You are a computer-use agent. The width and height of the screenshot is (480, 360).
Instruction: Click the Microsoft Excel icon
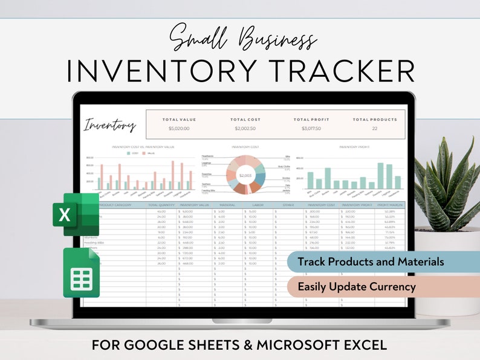(x=75, y=214)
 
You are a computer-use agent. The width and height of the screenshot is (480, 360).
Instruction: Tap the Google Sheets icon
(x=82, y=273)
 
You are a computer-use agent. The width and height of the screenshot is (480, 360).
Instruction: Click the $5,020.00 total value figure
(x=179, y=129)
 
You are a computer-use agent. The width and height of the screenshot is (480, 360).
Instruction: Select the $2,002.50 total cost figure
(x=245, y=129)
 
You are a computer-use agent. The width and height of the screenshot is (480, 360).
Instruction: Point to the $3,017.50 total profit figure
(x=311, y=129)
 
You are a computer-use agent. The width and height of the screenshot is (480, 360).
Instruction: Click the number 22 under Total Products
(x=375, y=129)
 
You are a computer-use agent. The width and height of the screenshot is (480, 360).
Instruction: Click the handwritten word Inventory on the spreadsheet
(x=110, y=125)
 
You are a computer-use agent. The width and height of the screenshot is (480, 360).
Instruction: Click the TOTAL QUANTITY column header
(x=161, y=205)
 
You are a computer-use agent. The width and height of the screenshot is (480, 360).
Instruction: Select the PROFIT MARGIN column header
(x=390, y=205)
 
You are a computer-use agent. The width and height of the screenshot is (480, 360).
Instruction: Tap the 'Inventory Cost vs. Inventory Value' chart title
(x=143, y=147)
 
